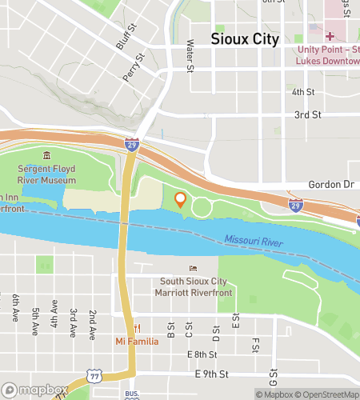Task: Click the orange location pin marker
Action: [x=180, y=200]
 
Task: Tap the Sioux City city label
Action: [x=245, y=38]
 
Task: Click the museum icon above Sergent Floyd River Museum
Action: [x=47, y=155]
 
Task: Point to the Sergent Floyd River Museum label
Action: [x=47, y=174]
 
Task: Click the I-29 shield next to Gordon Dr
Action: [x=295, y=206]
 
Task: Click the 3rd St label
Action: [x=307, y=115]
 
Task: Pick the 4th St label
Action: [x=303, y=92]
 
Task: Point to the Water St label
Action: [x=190, y=56]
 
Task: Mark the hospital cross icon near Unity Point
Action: [x=330, y=35]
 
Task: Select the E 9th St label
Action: [x=212, y=374]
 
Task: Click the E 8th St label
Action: [x=202, y=354]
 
